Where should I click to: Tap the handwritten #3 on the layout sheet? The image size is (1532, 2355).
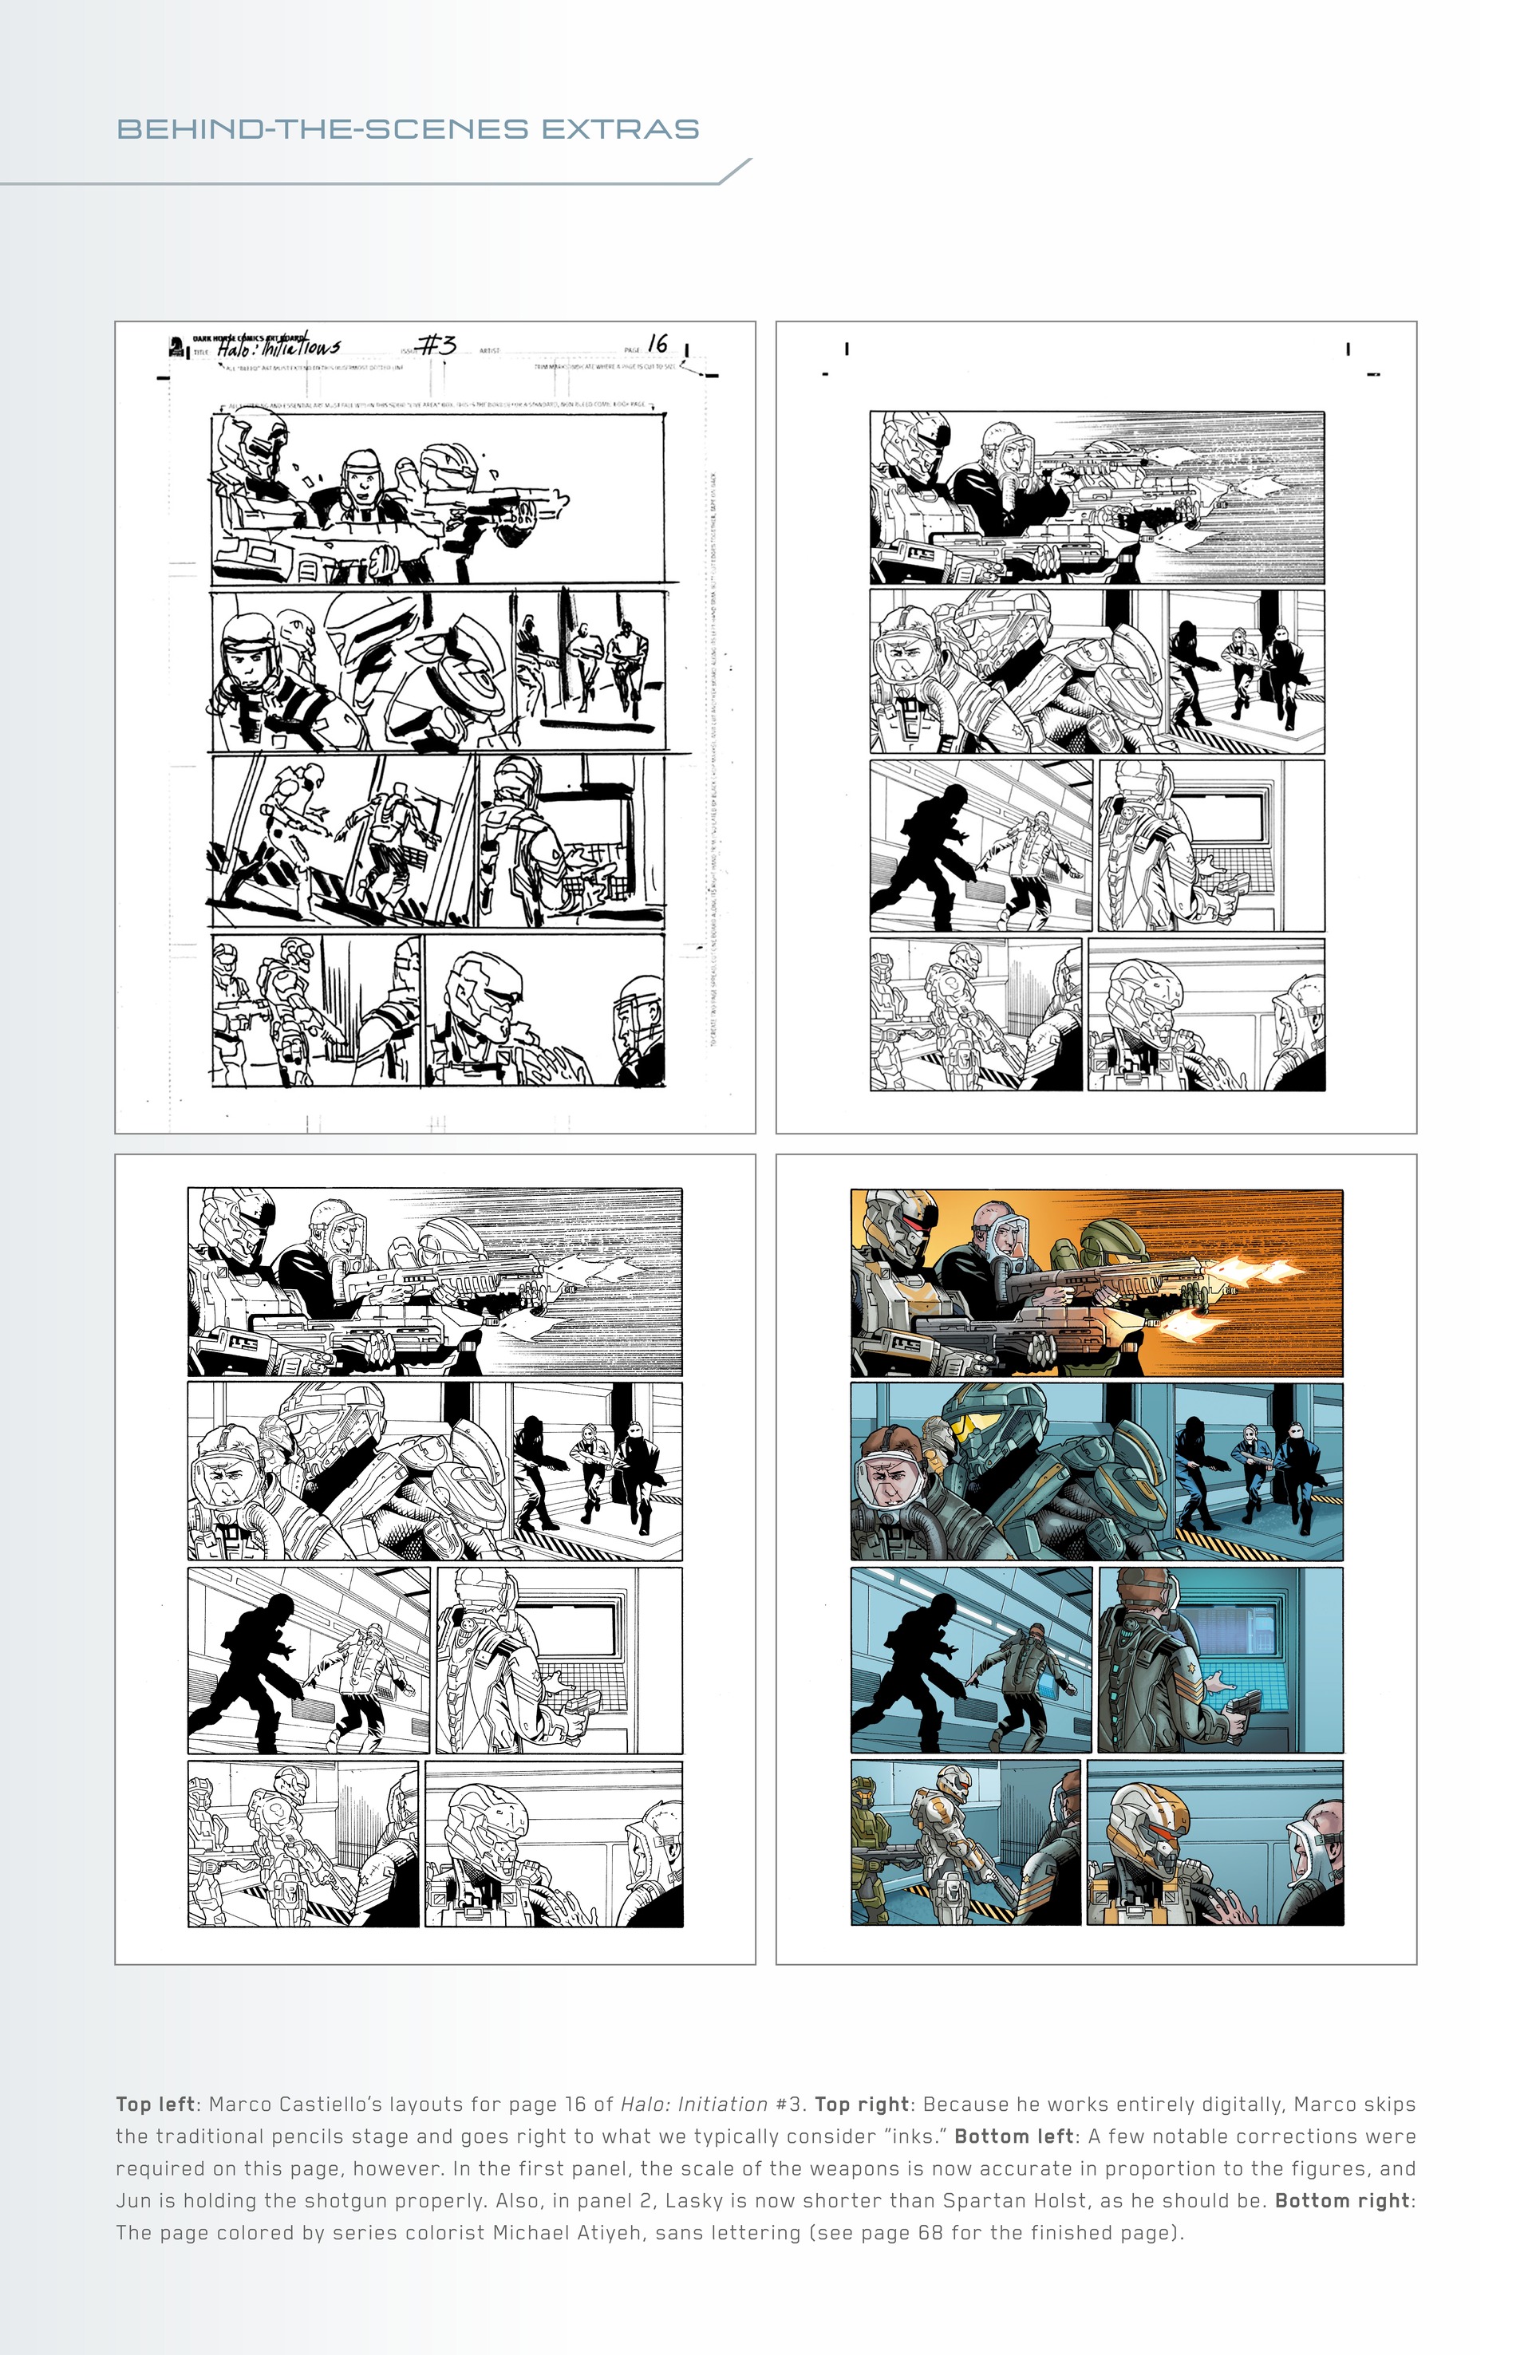[x=436, y=345]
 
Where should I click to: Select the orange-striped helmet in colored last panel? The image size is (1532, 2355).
[x=1148, y=1819]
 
